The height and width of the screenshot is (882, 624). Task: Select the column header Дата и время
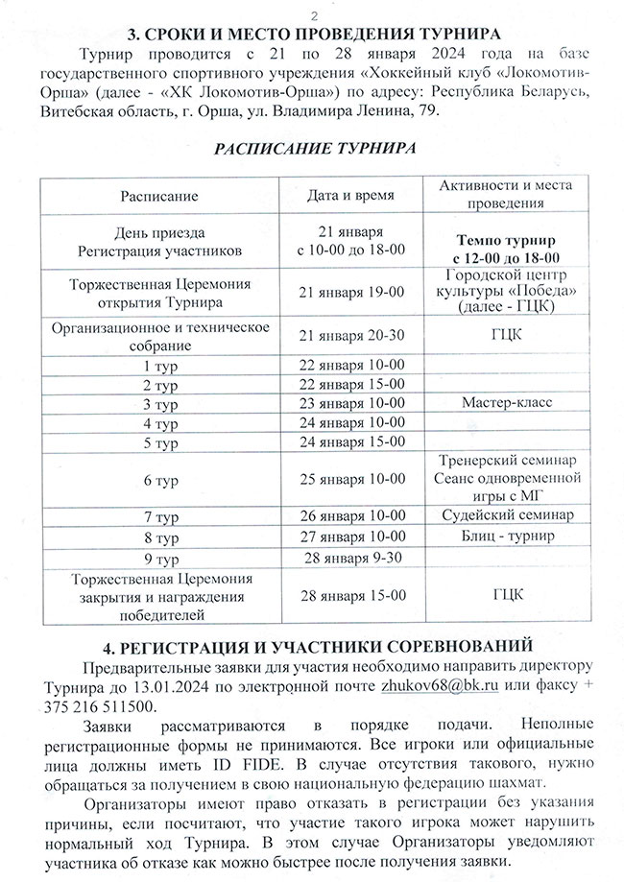point(350,196)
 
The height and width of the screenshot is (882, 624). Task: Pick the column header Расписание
point(159,196)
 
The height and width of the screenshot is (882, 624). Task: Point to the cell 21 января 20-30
point(350,335)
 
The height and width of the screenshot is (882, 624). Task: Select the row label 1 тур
point(159,365)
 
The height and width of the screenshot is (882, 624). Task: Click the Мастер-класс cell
point(506,402)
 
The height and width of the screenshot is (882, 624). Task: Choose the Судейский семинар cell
point(506,515)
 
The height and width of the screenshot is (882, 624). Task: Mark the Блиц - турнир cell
point(506,536)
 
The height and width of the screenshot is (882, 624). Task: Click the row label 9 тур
point(159,558)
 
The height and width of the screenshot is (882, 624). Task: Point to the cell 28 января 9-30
point(350,558)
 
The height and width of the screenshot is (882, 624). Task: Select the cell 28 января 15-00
point(350,594)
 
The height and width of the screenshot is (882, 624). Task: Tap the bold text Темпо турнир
point(506,241)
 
